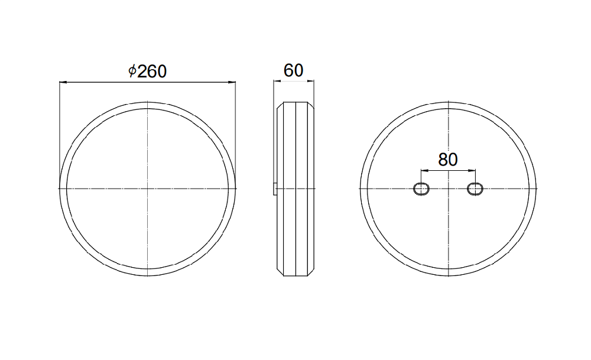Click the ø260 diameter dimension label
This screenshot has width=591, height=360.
click(x=147, y=71)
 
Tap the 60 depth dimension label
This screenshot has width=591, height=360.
click(x=294, y=70)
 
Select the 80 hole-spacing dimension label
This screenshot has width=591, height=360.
click(x=448, y=160)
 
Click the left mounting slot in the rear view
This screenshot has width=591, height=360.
click(x=421, y=189)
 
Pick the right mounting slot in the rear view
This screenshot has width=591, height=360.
click(x=475, y=189)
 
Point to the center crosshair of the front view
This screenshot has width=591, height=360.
click(x=147, y=188)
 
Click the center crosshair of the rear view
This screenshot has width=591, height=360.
click(x=448, y=188)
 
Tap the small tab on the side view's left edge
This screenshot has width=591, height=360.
click(x=275, y=189)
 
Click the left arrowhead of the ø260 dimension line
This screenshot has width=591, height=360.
click(x=63, y=82)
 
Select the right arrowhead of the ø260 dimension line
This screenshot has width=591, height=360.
click(x=232, y=82)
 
